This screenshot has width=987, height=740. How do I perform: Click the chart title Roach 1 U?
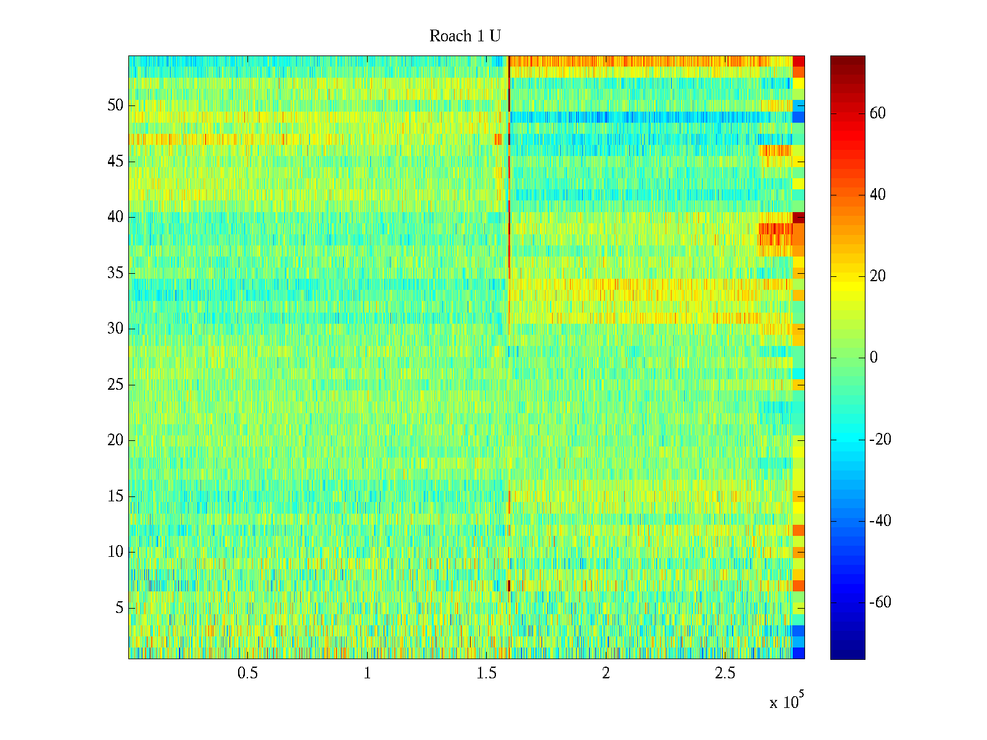coord(465,36)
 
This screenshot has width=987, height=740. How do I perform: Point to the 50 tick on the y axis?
coord(115,105)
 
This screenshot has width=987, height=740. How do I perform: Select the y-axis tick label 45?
coord(115,162)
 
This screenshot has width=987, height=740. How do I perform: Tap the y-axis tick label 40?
coord(115,217)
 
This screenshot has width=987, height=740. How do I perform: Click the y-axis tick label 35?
coord(115,273)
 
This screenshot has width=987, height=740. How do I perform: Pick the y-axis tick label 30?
coord(115,329)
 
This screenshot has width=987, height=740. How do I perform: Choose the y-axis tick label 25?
coord(115,385)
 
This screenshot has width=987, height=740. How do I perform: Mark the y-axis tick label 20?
coord(115,440)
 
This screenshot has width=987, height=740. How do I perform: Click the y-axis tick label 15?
coord(115,496)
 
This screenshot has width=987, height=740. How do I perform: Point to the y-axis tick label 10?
coord(115,552)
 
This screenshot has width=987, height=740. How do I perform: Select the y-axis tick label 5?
coord(119,608)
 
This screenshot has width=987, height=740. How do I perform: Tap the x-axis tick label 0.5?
coord(247,673)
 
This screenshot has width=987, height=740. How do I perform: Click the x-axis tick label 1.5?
coord(486,673)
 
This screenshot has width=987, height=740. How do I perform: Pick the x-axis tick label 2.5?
coord(725,673)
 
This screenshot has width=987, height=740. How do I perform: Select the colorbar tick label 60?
coord(877,113)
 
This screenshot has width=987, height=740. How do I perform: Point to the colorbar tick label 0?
coord(873,358)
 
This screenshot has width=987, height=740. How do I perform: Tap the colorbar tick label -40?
coord(880,521)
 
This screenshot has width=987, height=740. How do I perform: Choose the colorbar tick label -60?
coord(880,602)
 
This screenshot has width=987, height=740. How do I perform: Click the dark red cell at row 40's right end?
coord(798,218)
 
